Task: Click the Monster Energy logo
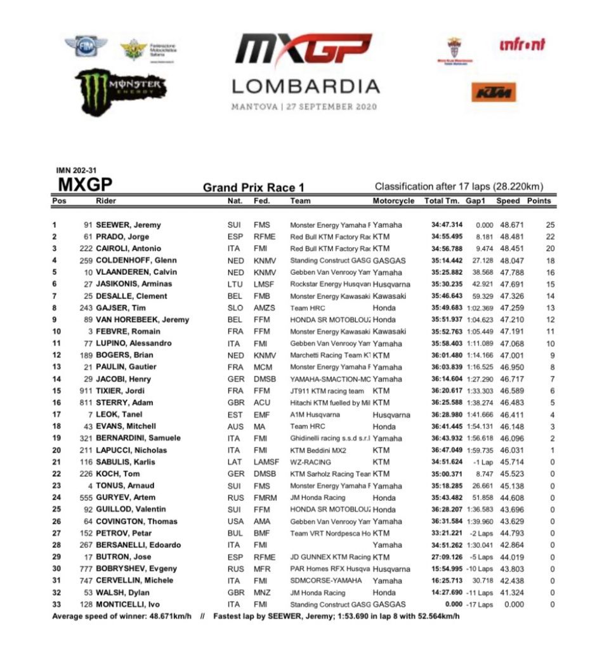tap(121, 87)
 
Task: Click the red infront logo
tap(523, 44)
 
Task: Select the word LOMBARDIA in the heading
tap(305, 86)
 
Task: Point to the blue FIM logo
tap(86, 46)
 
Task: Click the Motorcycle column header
tap(393, 201)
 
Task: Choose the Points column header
tap(539, 201)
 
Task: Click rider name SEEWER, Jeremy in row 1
tap(128, 225)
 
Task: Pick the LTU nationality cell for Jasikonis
tap(234, 284)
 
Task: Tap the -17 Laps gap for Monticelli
tap(480, 604)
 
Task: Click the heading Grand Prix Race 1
tap(254, 187)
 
